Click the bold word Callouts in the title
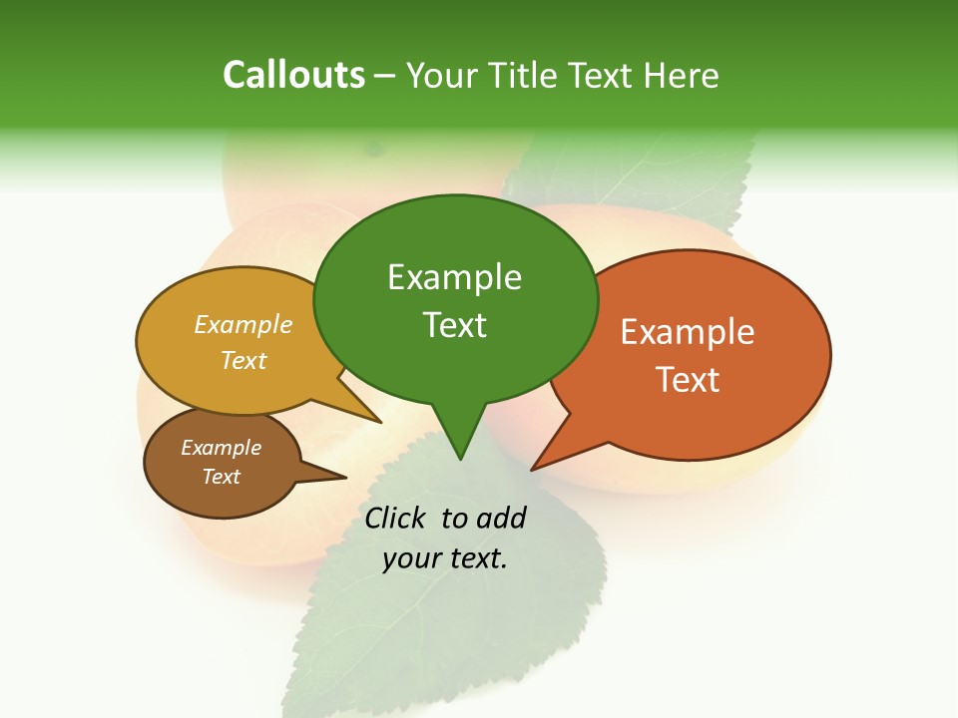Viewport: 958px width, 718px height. (x=293, y=75)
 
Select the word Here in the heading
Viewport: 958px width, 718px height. (x=682, y=75)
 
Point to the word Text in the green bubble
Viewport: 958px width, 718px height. (x=454, y=324)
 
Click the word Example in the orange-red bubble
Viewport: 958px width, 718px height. (x=688, y=332)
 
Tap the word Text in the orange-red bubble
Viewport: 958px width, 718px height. (x=688, y=379)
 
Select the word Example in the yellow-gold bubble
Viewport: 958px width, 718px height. (x=243, y=324)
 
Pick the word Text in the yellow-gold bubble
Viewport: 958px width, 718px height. (x=243, y=360)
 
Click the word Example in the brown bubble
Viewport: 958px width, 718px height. (x=222, y=448)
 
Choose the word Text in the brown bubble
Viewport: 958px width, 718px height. (x=222, y=477)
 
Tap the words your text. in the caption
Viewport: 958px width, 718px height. (x=445, y=558)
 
